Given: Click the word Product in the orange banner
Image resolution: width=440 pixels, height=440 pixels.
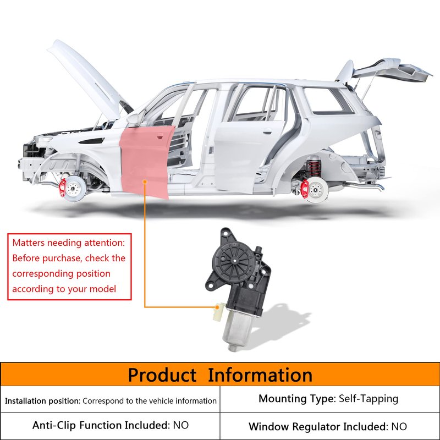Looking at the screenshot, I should point(162,375).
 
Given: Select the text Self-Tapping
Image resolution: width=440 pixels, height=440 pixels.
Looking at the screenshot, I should point(369,399).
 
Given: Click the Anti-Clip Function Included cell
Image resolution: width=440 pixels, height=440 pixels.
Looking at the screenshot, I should point(110,425).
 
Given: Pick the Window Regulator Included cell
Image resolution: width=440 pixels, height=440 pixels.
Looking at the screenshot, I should point(328,426).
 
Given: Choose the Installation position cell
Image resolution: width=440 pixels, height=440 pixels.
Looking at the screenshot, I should point(111,401).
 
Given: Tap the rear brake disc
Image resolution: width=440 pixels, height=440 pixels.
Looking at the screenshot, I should point(316,190).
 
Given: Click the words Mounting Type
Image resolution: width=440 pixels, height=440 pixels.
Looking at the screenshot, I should point(296,399).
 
